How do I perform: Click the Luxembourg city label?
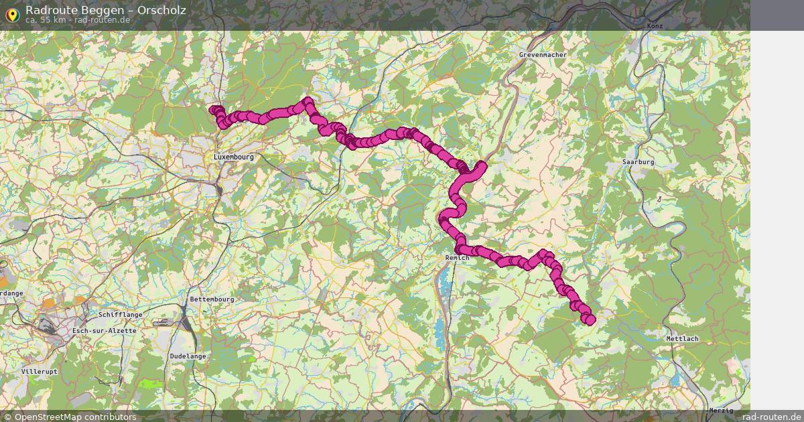(234, 157)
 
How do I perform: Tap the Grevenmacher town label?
(543, 55)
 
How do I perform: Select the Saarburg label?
(638, 162)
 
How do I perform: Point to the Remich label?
(457, 258)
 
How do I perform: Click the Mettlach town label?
(682, 339)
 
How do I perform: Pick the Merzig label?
(720, 410)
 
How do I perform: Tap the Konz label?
(655, 25)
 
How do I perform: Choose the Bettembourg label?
(212, 299)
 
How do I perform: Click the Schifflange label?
(120, 314)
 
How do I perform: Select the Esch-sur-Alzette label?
(105, 331)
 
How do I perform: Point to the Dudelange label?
(188, 356)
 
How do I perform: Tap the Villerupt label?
(40, 371)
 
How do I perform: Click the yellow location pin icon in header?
(11, 14)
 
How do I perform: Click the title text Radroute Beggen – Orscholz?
(106, 10)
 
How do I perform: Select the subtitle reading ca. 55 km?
(46, 20)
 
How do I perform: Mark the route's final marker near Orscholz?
(590, 320)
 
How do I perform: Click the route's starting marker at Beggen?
(214, 110)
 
